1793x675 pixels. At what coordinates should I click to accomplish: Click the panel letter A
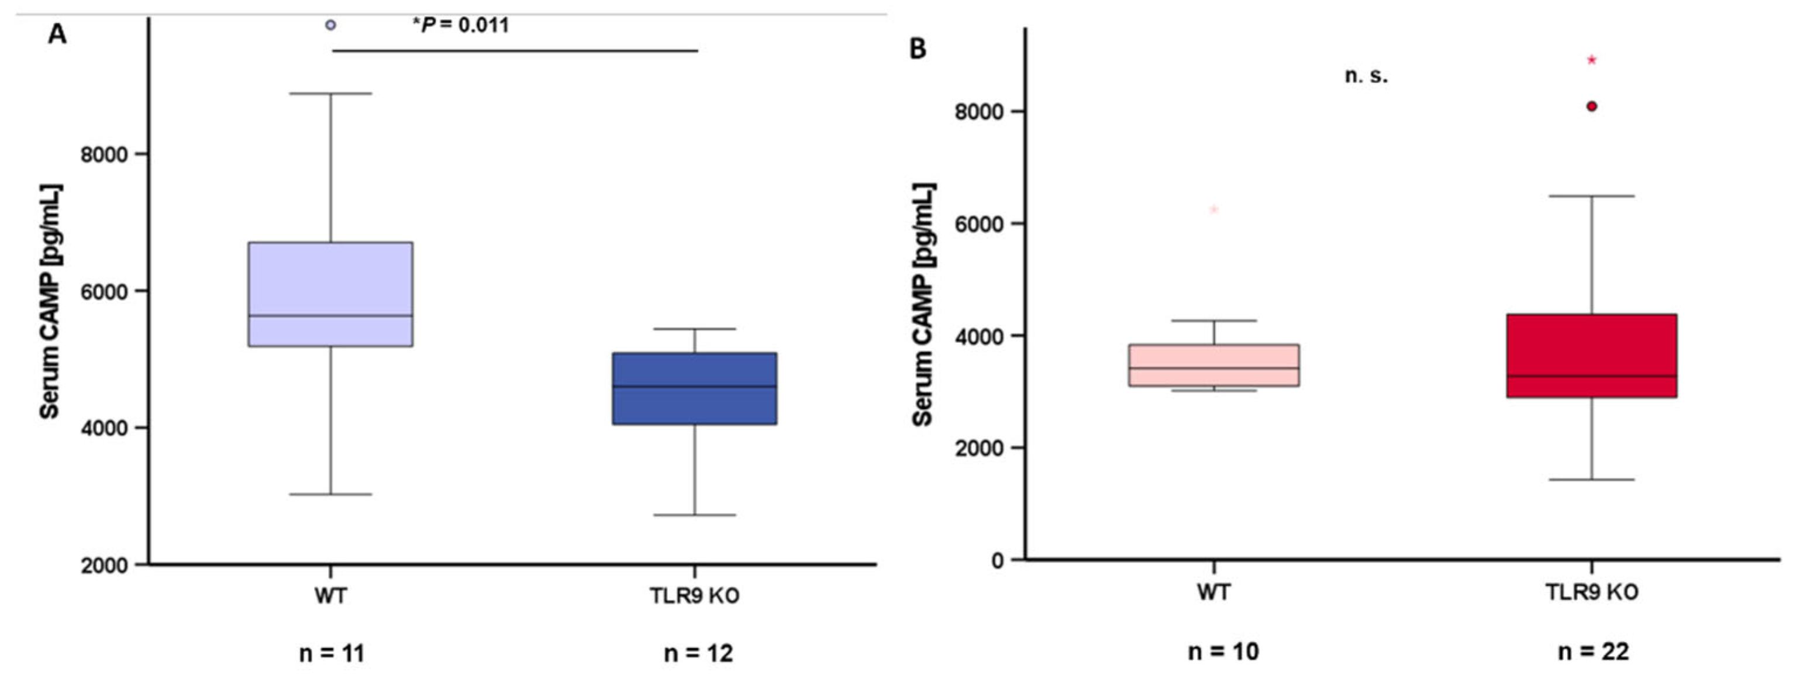pyautogui.click(x=57, y=33)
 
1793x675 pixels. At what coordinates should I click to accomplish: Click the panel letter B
pyautogui.click(x=918, y=49)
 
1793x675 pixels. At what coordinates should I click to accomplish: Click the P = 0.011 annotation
pyautogui.click(x=461, y=26)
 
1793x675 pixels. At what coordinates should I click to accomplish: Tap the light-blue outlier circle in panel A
pyautogui.click(x=330, y=25)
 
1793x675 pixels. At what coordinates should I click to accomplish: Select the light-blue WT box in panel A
pyautogui.click(x=330, y=294)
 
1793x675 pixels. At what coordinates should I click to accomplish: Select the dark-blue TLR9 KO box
pyautogui.click(x=695, y=388)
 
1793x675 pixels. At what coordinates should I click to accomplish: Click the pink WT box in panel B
pyautogui.click(x=1214, y=366)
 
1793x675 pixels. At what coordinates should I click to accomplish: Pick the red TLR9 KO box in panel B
pyautogui.click(x=1591, y=356)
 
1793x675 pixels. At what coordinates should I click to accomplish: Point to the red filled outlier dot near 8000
pyautogui.click(x=1591, y=106)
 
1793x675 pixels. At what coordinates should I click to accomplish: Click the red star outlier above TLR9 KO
pyautogui.click(x=1591, y=60)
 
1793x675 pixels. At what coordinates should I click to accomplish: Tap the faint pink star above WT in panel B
pyautogui.click(x=1214, y=209)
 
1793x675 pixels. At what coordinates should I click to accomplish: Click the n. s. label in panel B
pyautogui.click(x=1366, y=77)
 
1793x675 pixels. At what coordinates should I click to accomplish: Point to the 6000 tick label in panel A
pyautogui.click(x=105, y=291)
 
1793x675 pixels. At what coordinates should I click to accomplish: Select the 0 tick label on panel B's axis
pyautogui.click(x=998, y=560)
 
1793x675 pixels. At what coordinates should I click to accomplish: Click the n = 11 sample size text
pyautogui.click(x=332, y=653)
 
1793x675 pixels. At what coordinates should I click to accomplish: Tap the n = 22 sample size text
pyautogui.click(x=1593, y=652)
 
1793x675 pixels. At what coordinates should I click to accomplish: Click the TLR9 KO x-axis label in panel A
pyautogui.click(x=695, y=597)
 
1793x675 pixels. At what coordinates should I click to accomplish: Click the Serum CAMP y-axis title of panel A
pyautogui.click(x=50, y=301)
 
